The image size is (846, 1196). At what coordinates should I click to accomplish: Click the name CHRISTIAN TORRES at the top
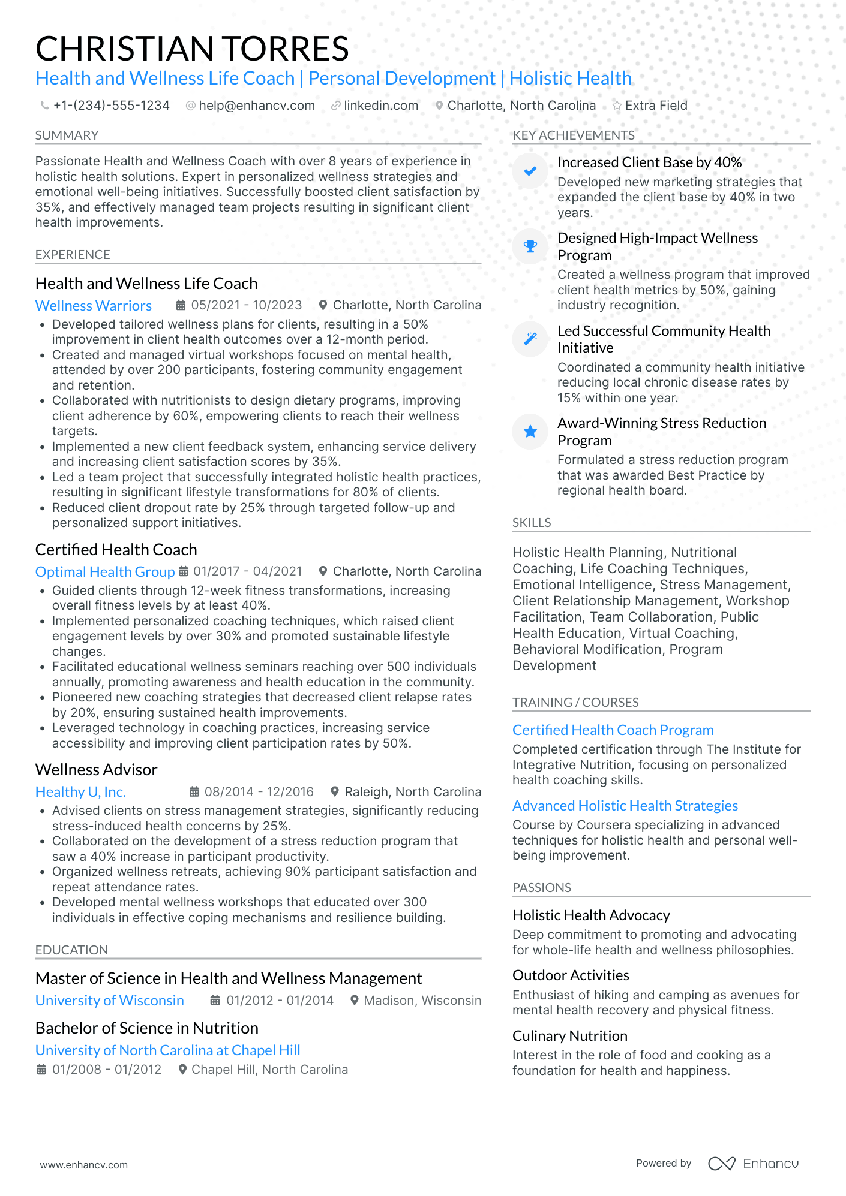point(192,49)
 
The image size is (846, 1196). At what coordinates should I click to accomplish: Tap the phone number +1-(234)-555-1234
point(111,106)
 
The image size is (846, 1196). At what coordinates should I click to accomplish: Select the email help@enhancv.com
point(256,106)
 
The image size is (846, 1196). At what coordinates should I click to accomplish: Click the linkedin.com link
point(380,106)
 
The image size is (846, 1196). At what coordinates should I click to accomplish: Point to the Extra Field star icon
point(617,106)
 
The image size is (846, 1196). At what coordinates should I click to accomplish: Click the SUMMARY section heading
point(67,135)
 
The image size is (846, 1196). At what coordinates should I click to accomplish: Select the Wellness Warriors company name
point(94,306)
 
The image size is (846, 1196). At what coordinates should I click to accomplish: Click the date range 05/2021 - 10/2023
point(246,305)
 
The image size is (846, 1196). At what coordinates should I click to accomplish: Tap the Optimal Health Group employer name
point(105,572)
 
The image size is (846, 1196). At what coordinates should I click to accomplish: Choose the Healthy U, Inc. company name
point(80,792)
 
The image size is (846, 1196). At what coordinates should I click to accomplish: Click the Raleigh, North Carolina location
point(412,792)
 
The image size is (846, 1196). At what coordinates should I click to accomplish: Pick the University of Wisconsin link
point(110,1001)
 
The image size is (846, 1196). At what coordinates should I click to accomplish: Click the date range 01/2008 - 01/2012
point(106,1070)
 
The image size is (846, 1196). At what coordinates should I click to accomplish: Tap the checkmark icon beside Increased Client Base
point(530,171)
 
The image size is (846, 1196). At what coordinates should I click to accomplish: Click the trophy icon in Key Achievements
point(530,246)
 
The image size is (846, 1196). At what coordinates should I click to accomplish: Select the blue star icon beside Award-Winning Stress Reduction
point(530,432)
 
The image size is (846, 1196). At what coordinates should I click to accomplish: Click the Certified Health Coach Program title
point(613,730)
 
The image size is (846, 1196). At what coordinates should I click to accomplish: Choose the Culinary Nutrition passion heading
point(569,1036)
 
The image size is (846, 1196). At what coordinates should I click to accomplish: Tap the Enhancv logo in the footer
point(753,1164)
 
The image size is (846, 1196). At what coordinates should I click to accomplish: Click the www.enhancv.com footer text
point(84,1165)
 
